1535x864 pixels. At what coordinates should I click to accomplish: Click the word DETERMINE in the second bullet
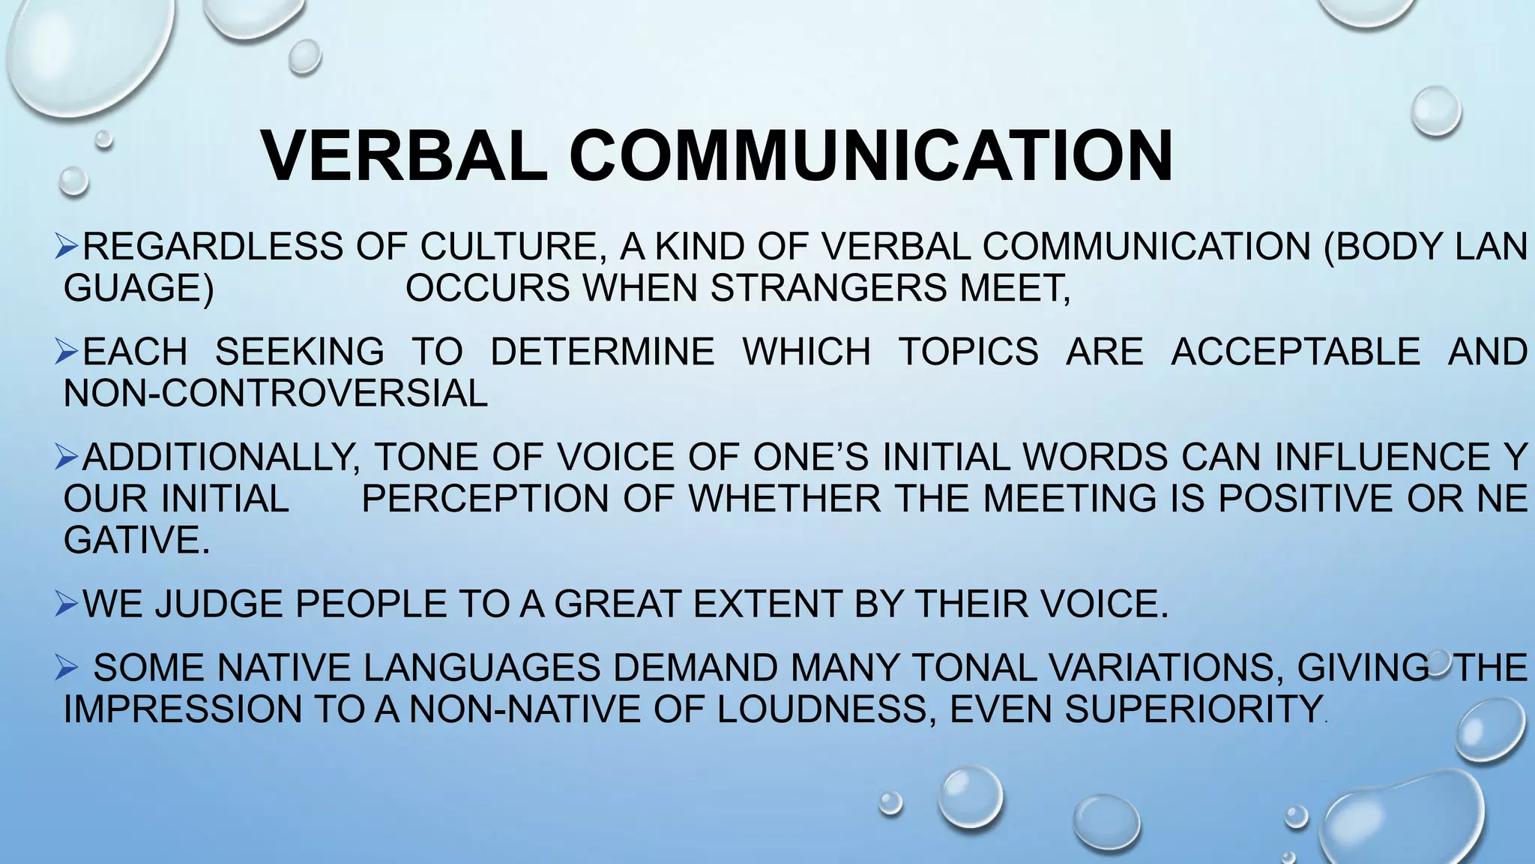tap(602, 352)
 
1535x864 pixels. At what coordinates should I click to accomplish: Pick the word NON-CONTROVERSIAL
tap(275, 393)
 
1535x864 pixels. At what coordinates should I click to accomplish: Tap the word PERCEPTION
tap(485, 499)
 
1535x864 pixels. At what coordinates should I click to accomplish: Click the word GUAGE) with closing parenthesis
tap(139, 288)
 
